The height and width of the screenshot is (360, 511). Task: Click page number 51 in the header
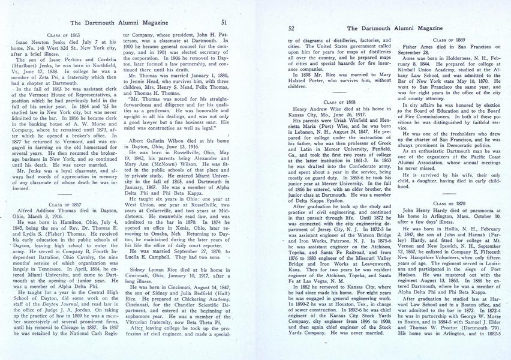tap(223, 22)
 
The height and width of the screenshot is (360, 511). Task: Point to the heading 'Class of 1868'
tap(339, 103)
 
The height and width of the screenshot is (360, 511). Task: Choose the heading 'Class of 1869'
tap(448, 39)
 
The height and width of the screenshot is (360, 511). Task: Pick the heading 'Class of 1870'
tap(448, 204)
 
